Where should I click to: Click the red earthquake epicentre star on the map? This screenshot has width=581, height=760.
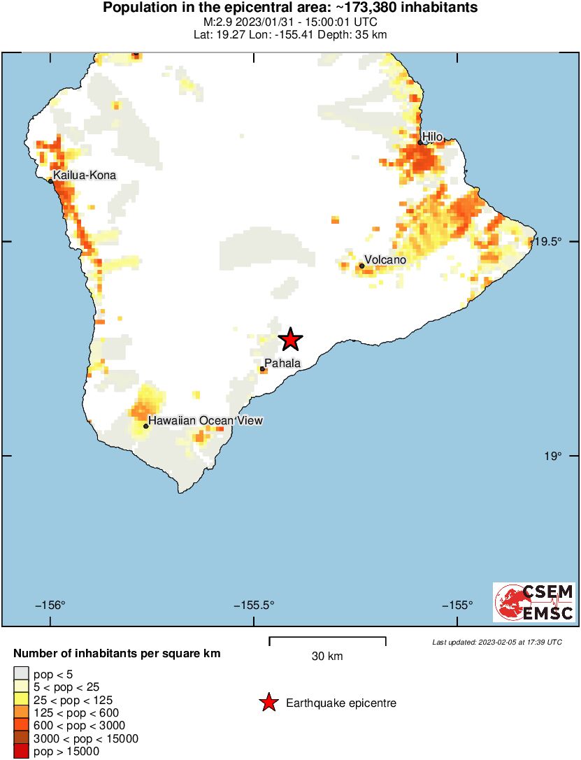click(x=290, y=340)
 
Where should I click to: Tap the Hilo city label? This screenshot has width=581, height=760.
click(x=432, y=136)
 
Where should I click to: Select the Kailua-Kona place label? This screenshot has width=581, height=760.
click(x=84, y=175)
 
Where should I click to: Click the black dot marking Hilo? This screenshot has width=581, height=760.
click(x=420, y=143)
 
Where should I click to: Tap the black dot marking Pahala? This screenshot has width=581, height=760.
click(x=262, y=368)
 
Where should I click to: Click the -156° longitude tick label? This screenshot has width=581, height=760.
click(x=50, y=605)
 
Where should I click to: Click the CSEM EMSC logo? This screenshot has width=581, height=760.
click(x=534, y=602)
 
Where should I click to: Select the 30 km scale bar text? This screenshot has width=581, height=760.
click(x=327, y=656)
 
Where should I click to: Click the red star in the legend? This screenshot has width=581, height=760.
click(x=268, y=703)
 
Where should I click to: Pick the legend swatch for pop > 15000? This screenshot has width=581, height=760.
click(x=22, y=752)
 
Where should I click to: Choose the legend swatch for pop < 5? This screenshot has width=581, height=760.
click(x=22, y=674)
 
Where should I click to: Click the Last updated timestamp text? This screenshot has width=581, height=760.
click(x=496, y=642)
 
